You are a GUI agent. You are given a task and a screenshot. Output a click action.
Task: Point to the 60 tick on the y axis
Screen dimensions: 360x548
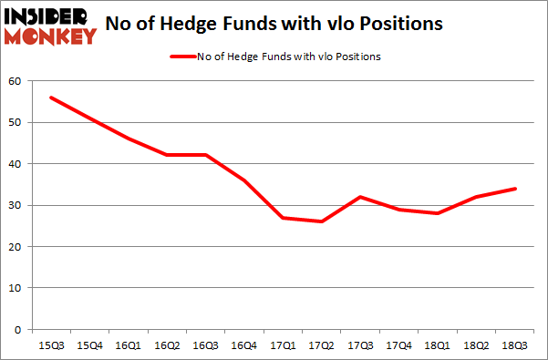coord(15,81)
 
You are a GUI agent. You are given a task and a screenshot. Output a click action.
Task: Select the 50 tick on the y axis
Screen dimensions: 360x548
coord(15,122)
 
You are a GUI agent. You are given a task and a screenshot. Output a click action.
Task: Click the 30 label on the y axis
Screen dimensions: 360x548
coord(15,205)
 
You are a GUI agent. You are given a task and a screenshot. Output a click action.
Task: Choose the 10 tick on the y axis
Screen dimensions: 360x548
coord(15,288)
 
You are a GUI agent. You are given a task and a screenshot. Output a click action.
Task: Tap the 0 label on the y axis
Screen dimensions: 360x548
coord(17,329)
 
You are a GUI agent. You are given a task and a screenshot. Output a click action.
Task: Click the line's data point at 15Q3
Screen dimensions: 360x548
coord(50,98)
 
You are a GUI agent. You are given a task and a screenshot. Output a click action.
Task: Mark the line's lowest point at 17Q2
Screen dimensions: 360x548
coord(322,221)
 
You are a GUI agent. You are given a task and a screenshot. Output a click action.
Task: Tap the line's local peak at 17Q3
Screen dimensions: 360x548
coord(361,197)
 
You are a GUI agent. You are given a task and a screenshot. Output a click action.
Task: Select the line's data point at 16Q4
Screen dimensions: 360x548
coord(244,180)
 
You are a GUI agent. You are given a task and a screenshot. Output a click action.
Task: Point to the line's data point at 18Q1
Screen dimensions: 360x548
coord(439,213)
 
